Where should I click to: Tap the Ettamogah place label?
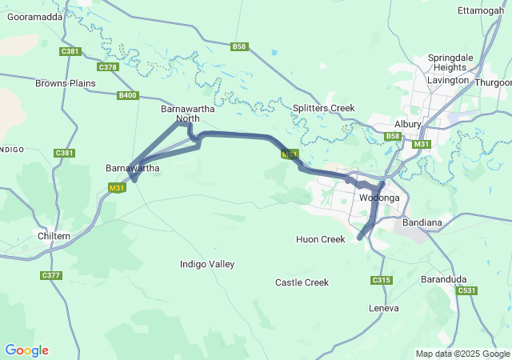pos(480,10)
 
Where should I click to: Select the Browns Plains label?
pos(66,82)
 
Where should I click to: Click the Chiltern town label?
pos(54,236)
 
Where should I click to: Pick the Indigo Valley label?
pos(207,264)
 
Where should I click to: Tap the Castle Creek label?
pos(302,282)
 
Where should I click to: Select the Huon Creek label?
pos(320,239)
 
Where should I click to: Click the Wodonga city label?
pos(379,198)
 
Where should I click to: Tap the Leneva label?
pos(383,307)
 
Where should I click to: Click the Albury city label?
pos(407,124)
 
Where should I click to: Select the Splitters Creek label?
pos(323,108)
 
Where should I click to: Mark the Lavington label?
pos(448,81)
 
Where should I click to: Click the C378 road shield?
pos(108,67)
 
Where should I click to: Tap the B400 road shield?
pos(127,95)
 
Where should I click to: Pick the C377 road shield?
pos(50,275)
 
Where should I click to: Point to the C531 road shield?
pos(467,290)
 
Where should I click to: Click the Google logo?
pos(26,350)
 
